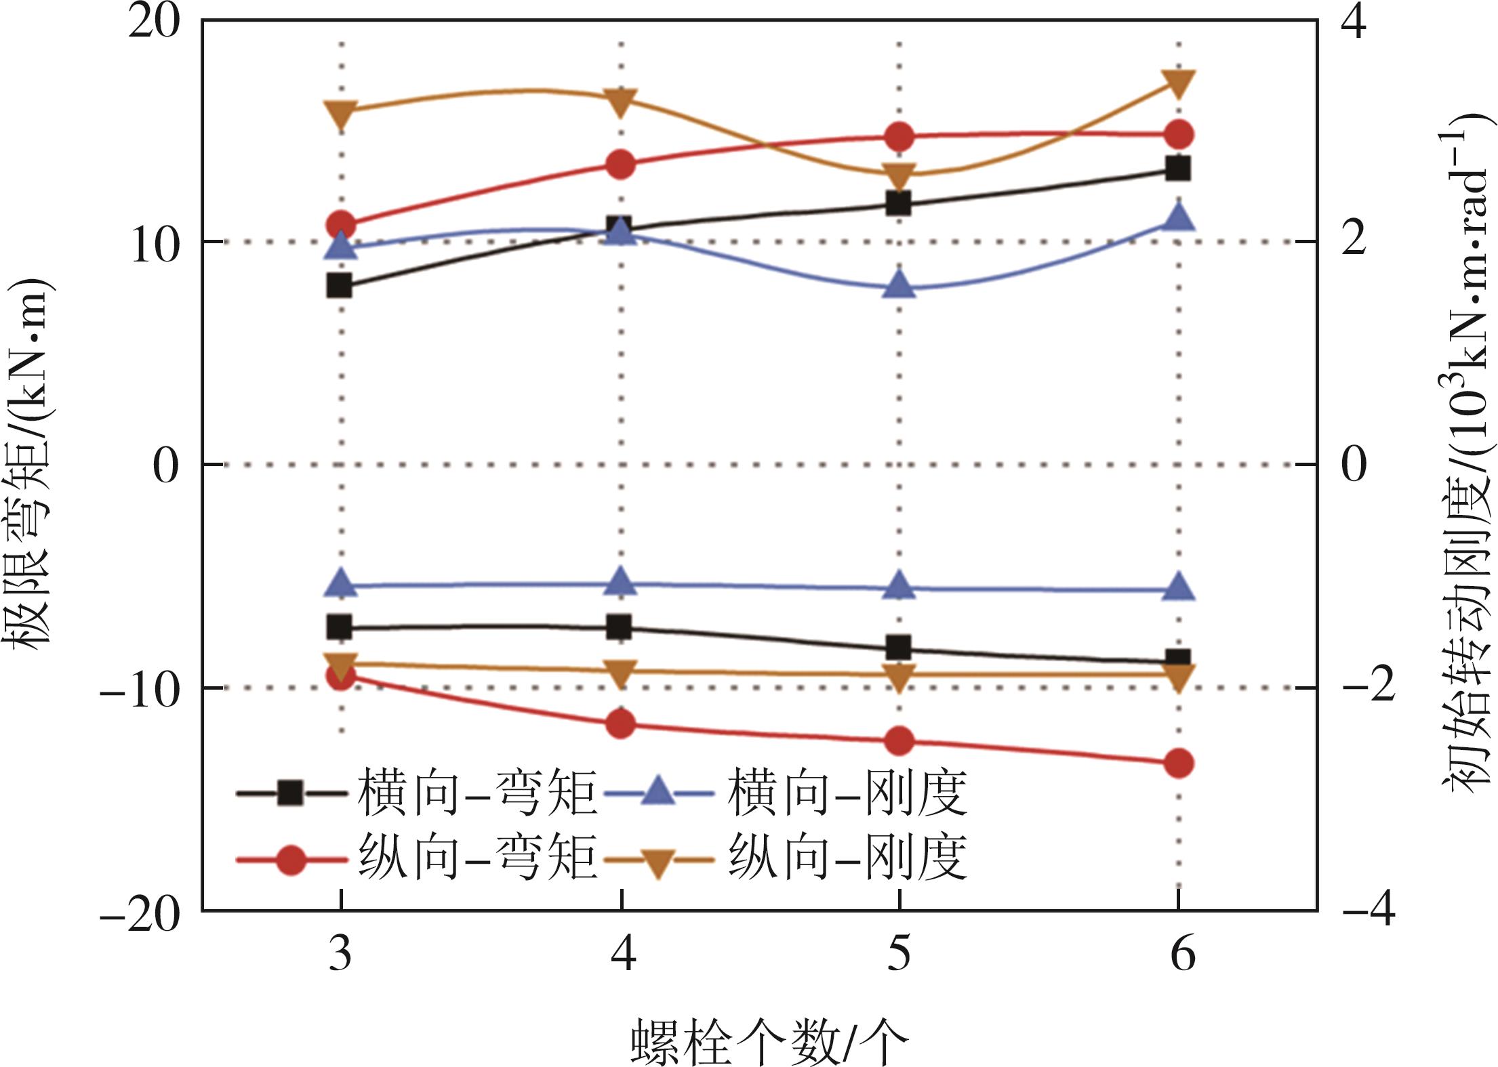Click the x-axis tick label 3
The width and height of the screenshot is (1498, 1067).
340,954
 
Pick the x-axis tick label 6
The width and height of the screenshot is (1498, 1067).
1182,954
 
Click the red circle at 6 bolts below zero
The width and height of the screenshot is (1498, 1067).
1179,763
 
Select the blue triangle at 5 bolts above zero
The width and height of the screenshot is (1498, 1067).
899,283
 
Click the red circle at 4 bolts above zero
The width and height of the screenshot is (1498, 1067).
621,165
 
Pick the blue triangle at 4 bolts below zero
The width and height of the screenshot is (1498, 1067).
621,581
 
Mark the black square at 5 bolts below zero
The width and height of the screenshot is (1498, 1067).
899,648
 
